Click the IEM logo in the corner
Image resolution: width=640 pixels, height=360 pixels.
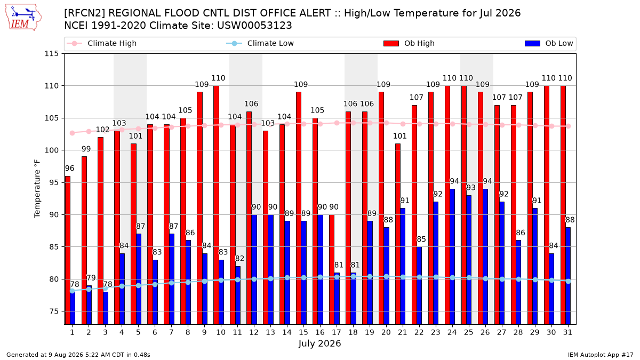[x=23, y=18]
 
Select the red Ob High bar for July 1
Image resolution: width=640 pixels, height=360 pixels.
[x=68, y=250]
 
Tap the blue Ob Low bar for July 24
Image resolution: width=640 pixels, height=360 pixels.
[x=452, y=257]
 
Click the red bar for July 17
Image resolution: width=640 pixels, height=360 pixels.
[x=332, y=269]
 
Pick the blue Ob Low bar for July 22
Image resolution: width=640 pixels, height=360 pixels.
[x=419, y=285]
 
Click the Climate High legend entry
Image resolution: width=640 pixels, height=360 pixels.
[x=102, y=43]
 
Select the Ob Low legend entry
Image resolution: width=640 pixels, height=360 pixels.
[x=549, y=43]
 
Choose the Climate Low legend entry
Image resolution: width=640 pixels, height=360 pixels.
[x=260, y=43]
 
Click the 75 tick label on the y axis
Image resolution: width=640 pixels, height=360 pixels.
[x=54, y=311]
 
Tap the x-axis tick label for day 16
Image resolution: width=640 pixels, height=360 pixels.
[x=319, y=332]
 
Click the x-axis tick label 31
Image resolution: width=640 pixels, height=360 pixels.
[x=567, y=332]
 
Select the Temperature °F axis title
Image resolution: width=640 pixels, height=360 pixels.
[x=37, y=189]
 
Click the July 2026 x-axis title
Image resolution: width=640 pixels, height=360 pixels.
[x=319, y=343]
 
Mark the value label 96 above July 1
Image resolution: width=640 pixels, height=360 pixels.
[x=70, y=169]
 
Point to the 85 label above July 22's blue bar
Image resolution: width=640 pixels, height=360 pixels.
[x=421, y=239]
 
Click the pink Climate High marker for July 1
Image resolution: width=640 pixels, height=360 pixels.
[x=73, y=133]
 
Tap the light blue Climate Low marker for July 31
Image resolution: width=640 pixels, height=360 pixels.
[x=569, y=281]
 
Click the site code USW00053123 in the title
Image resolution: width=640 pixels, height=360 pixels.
[x=254, y=26]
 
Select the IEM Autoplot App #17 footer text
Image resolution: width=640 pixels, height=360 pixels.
[x=601, y=355]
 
